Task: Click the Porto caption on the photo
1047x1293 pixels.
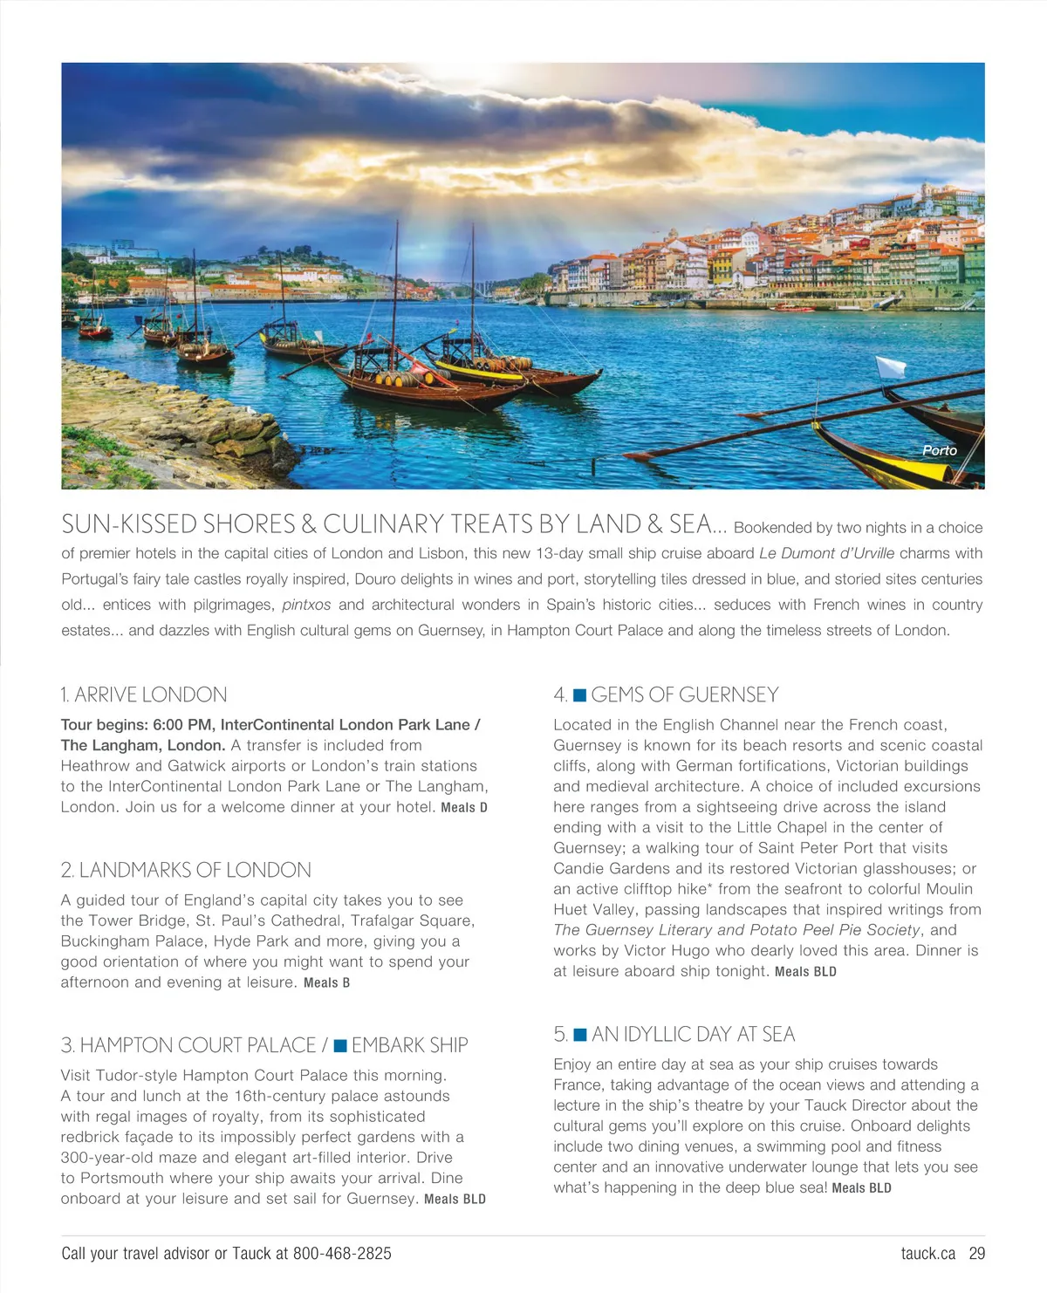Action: point(940,450)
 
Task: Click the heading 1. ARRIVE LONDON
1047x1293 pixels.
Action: point(144,694)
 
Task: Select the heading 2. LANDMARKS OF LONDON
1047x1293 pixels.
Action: point(186,870)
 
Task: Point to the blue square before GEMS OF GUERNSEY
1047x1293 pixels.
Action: point(579,695)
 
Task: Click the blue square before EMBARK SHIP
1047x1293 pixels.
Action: point(340,1045)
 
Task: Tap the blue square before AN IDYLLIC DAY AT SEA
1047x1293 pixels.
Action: point(579,1035)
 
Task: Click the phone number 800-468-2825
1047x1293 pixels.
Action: point(342,1254)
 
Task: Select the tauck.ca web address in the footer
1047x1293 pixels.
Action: point(927,1254)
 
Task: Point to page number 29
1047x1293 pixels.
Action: point(977,1254)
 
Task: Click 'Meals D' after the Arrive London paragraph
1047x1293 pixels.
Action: point(464,808)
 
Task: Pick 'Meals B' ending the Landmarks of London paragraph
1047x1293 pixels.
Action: point(326,983)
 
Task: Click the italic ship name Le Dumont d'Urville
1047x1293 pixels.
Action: point(827,553)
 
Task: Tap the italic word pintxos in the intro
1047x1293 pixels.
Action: point(306,605)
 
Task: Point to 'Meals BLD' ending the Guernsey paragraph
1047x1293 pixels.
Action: point(805,972)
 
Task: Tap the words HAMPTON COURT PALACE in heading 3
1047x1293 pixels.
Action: point(197,1045)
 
